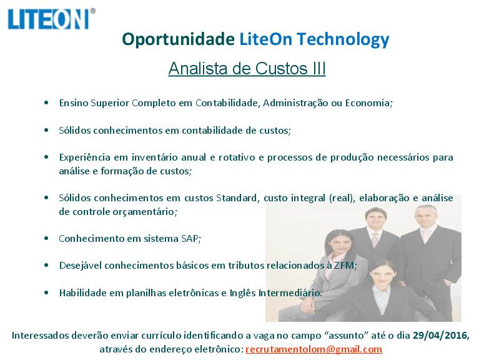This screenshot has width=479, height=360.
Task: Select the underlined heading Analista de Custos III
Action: pyautogui.click(x=247, y=68)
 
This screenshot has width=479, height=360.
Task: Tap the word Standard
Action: pyautogui.click(x=237, y=198)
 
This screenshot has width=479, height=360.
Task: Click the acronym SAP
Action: pyautogui.click(x=190, y=239)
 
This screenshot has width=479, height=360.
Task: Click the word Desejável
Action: pyautogui.click(x=81, y=266)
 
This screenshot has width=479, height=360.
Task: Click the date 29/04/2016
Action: pyautogui.click(x=440, y=336)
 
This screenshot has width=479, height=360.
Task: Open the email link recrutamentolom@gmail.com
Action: pyautogui.click(x=314, y=349)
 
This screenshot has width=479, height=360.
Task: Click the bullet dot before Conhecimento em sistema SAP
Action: pyautogui.click(x=46, y=238)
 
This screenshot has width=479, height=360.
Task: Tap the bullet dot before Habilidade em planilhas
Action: pyautogui.click(x=46, y=292)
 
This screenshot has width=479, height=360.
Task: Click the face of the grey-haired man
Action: pyautogui.click(x=426, y=217)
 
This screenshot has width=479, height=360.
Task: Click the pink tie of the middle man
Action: pyautogui.click(x=375, y=240)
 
